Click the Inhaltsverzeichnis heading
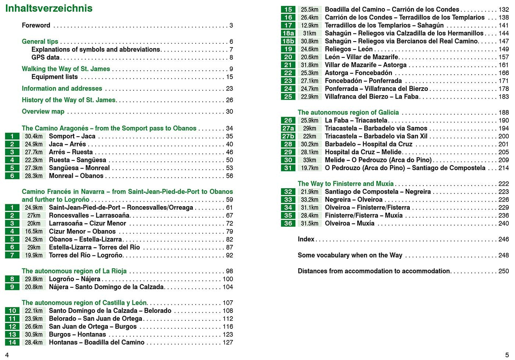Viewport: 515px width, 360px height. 49,8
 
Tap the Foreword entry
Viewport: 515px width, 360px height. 36,25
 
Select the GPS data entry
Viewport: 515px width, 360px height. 46,57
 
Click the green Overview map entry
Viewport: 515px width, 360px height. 43,112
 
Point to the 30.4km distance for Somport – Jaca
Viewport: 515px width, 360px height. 34,137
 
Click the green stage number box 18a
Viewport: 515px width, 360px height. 288,33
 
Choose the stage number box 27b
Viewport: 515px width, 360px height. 288,136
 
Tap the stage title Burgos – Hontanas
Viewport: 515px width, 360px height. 77,335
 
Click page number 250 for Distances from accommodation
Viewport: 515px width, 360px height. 503,271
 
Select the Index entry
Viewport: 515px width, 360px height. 306,239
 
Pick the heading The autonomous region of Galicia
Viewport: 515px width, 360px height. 348,113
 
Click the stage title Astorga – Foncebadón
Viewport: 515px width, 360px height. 358,73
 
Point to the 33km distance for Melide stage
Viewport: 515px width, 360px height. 310,160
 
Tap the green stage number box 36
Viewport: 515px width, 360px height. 288,223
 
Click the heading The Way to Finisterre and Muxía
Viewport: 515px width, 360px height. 345,184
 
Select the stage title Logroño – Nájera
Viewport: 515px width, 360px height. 75,279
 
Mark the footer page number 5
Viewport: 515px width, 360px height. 507,355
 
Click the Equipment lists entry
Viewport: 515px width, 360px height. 54,77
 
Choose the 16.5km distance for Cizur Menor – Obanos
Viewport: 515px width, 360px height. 34,232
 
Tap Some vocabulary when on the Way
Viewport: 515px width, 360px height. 350,255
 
